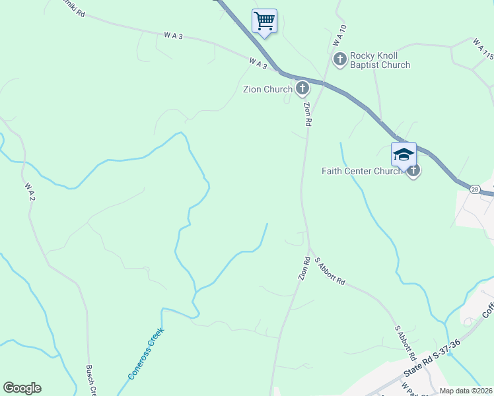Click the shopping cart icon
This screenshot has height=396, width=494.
tap(264, 20)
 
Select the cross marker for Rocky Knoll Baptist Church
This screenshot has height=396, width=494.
tap(340, 60)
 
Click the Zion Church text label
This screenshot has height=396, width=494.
tap(268, 89)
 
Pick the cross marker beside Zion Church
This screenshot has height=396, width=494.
tap(302, 88)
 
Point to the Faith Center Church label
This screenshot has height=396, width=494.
tap(362, 171)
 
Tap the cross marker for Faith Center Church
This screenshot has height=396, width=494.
tap(413, 171)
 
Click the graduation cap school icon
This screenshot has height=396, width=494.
tap(404, 155)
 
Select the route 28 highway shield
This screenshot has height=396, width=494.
tap(475, 189)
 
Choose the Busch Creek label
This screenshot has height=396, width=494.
tap(92, 381)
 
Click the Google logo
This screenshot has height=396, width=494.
tap(22, 388)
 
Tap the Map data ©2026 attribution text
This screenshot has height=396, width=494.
tap(466, 391)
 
